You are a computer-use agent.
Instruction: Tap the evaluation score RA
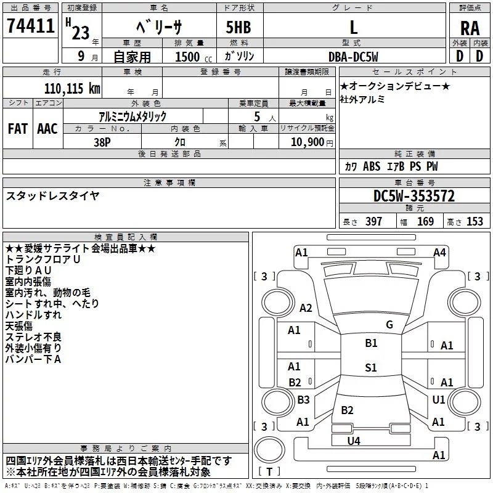coord(470,28)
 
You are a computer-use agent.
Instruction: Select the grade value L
coord(353,27)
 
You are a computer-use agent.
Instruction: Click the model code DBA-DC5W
coord(353,56)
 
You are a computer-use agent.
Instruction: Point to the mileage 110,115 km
coord(72,88)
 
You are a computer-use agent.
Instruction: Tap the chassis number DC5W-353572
coord(414,196)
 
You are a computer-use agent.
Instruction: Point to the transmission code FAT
coord(18,129)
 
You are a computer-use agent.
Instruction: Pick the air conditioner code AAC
coord(47,129)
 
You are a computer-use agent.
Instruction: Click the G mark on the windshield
coord(389,325)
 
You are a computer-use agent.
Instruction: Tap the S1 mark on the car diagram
coord(370,368)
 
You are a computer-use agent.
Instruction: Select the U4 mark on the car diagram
coord(353,441)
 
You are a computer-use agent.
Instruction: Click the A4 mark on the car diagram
coord(439,252)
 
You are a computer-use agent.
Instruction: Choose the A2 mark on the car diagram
coord(305,308)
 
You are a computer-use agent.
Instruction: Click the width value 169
coord(425,222)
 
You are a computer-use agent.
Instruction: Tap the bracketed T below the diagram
coord(269,471)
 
